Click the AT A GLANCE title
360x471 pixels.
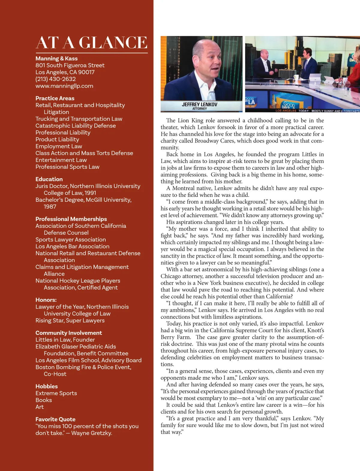(91, 42)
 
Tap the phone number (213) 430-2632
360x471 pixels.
(55, 79)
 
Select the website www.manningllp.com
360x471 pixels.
(64, 86)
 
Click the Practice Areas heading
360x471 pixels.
(55, 98)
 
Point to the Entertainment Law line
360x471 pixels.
(61, 160)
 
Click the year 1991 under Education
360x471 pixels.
(90, 193)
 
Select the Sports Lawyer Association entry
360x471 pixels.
(70, 240)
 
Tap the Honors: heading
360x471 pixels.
(46, 300)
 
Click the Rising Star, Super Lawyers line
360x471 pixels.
(70, 321)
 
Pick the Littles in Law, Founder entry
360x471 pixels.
(65, 340)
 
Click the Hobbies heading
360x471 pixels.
(46, 386)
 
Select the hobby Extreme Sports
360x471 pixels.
(56, 393)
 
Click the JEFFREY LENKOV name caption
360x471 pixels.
(199, 105)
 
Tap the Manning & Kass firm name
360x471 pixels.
(56, 59)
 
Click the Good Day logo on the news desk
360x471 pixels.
(289, 104)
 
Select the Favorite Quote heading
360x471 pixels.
(55, 419)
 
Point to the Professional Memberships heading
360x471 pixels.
(71, 219)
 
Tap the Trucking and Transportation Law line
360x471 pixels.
(79, 119)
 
